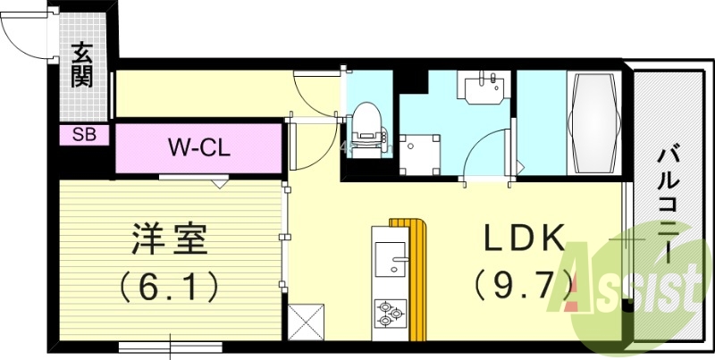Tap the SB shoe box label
coord(85,136)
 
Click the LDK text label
coord(524,238)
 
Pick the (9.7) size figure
coord(524,286)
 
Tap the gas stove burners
coord(391,313)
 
